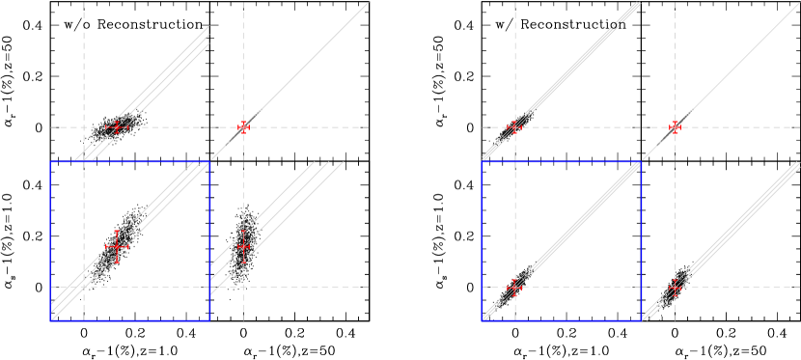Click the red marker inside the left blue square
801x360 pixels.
[x=117, y=247]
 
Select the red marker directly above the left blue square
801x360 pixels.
[x=117, y=126]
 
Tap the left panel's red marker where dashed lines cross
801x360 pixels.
[x=243, y=126]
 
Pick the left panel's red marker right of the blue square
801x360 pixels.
[x=243, y=247]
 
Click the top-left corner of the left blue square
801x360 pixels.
[x=51, y=162]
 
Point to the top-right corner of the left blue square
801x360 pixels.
[x=209, y=162]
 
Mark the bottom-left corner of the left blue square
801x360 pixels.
[x=51, y=319]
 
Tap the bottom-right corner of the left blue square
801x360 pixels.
[x=209, y=319]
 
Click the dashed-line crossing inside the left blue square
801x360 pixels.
[x=84, y=287]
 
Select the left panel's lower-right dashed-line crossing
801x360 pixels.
[x=243, y=287]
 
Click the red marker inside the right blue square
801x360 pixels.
[x=514, y=287]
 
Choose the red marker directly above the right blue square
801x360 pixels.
[x=514, y=126]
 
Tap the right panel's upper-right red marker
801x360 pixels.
[x=675, y=126]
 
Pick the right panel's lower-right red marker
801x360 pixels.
[x=675, y=287]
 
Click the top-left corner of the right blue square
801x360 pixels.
[x=482, y=162]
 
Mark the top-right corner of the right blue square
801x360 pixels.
[x=641, y=162]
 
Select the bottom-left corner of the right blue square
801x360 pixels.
[x=482, y=319]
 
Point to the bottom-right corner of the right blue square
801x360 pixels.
[x=641, y=319]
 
